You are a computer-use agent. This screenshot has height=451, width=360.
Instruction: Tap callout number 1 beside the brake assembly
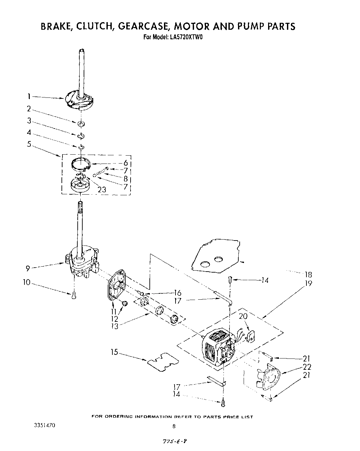pos(29,96)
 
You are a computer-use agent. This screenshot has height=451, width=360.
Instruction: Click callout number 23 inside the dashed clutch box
pos(102,190)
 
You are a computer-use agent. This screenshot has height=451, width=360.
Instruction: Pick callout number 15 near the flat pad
pos(114,353)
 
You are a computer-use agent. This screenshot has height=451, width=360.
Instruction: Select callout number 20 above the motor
pos(243,316)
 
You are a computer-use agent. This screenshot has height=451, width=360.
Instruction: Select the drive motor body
pos(218,347)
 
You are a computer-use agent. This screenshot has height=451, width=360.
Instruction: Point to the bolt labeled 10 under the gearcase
pos(74,295)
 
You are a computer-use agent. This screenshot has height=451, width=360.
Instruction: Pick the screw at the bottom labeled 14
pos(224,402)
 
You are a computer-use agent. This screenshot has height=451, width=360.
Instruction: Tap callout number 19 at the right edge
pos(308,283)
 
